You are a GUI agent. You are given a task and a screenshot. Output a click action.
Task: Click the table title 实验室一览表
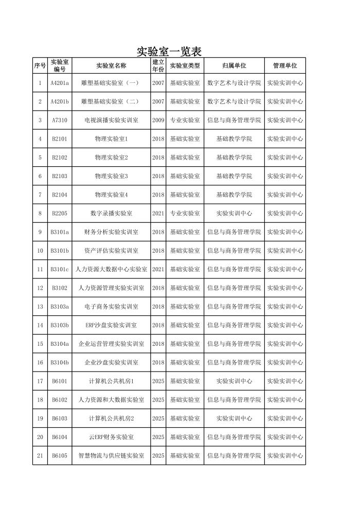tap(169, 51)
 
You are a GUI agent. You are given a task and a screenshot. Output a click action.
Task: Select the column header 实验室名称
tap(111, 66)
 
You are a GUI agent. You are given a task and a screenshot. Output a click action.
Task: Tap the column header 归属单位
tap(234, 66)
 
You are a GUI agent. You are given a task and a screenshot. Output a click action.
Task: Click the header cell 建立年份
tap(158, 66)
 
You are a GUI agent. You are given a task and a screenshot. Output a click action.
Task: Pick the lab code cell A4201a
tap(60, 83)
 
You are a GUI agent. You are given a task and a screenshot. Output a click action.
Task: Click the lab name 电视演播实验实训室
tap(111, 120)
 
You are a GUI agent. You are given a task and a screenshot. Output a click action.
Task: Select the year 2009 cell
tap(158, 120)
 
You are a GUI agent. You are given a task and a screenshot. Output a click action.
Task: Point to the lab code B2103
tap(60, 177)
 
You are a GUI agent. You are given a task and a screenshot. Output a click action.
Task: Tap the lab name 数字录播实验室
tap(111, 214)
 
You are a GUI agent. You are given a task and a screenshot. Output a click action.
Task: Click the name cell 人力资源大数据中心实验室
tap(111, 270)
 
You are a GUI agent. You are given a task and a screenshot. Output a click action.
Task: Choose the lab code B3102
tap(60, 288)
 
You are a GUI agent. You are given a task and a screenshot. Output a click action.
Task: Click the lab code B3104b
tap(60, 363)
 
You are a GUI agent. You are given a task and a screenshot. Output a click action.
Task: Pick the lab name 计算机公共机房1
tap(111, 381)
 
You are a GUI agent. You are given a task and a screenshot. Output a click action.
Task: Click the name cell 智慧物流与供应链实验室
tap(111, 456)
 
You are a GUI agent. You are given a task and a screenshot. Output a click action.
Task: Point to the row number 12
tap(40, 288)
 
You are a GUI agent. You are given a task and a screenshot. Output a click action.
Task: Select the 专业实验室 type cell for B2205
tap(185, 214)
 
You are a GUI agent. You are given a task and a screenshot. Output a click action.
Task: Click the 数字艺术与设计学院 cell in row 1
tap(234, 83)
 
